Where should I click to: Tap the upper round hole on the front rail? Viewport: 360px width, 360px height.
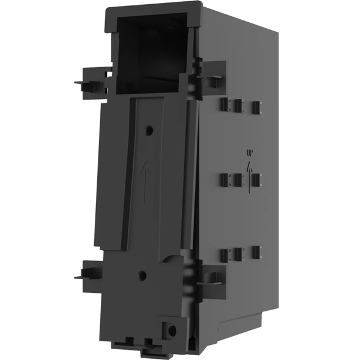(149, 130)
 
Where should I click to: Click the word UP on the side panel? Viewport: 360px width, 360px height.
(249, 154)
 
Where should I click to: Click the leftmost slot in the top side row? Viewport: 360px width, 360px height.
(223, 105)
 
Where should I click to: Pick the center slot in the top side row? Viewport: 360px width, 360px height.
(237, 106)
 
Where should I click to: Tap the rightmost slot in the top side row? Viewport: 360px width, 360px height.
(256, 107)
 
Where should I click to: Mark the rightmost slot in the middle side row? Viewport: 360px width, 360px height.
(257, 178)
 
